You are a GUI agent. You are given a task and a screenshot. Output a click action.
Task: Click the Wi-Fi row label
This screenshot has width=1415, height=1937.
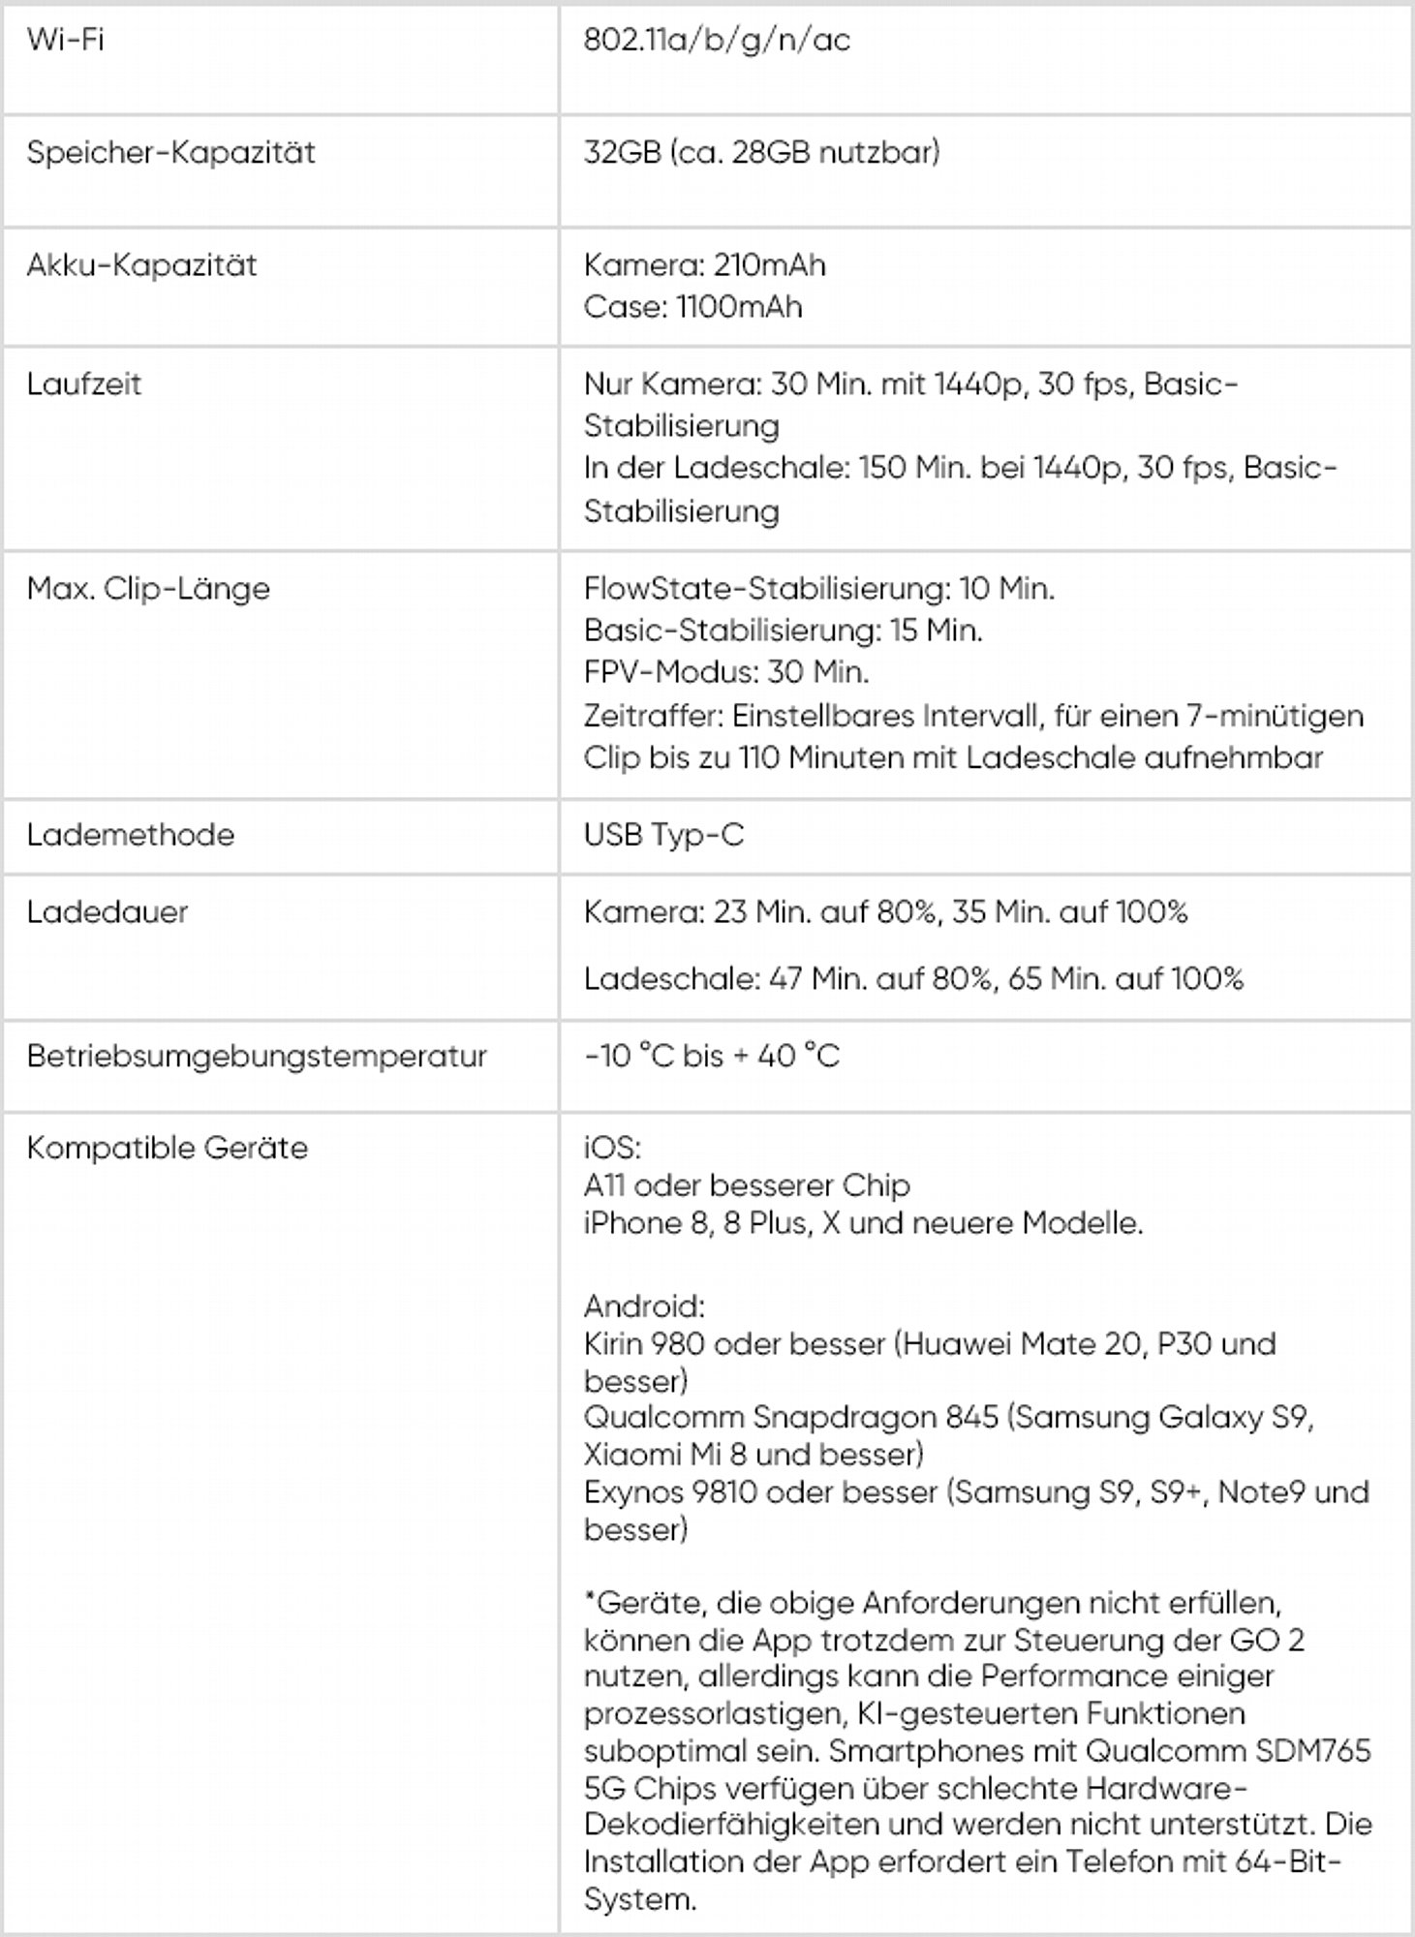(65, 40)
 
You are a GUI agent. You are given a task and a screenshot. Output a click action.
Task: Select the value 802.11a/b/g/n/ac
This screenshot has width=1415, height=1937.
(717, 40)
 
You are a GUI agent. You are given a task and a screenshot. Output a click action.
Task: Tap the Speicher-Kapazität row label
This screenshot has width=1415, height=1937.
(170, 152)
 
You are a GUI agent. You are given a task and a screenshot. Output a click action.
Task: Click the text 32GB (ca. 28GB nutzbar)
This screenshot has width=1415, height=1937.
(761, 152)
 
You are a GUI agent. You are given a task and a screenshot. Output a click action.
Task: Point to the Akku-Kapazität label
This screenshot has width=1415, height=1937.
(141, 264)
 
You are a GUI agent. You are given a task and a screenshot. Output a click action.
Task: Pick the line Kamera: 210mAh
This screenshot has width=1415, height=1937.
(704, 264)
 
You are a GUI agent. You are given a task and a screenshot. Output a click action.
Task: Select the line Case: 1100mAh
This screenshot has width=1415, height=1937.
(692, 307)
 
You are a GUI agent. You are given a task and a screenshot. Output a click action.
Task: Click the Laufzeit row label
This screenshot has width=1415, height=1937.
(83, 384)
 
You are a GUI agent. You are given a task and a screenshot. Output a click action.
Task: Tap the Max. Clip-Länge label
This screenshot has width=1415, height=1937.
(148, 588)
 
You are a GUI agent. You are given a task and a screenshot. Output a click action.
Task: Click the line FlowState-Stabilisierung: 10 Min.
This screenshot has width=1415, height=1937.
(818, 588)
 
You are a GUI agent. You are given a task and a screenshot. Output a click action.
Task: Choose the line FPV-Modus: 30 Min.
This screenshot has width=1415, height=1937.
(726, 672)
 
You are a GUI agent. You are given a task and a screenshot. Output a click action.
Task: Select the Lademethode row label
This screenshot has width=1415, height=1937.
(130, 835)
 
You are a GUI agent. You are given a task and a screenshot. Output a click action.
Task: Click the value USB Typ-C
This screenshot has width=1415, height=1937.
(663, 835)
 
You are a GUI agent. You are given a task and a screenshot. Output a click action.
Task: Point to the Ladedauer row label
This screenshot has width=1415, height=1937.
(107, 911)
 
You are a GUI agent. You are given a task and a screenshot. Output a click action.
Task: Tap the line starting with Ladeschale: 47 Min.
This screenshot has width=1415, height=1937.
(913, 978)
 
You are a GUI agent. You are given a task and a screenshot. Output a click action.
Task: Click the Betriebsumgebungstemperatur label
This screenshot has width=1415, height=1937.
(257, 1056)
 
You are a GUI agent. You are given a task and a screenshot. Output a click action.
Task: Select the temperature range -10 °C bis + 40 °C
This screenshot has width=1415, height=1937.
(712, 1056)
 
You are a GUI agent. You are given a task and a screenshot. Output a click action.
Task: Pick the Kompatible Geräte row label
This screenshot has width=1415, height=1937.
(167, 1148)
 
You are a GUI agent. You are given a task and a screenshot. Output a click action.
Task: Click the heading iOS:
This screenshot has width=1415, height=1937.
(612, 1148)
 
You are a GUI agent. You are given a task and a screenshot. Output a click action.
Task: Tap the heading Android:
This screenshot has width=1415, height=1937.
(644, 1307)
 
